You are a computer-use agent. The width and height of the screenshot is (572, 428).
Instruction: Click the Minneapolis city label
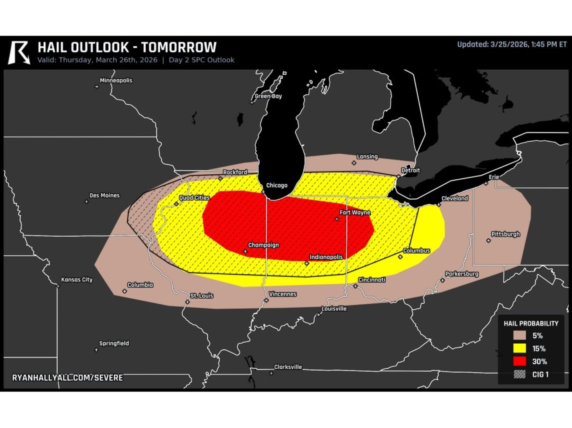pos(116,80)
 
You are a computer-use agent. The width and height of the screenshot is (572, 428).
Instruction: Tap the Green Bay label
pos(268,96)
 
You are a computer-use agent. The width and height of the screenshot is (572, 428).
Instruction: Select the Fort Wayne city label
pos(355,212)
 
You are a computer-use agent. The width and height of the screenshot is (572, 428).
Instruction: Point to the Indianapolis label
pos(326,257)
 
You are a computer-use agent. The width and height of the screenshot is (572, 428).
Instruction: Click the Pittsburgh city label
pos(506,234)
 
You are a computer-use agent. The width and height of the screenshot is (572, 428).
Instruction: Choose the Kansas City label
pos(77,279)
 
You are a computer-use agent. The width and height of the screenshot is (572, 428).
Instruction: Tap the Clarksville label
pos(288,367)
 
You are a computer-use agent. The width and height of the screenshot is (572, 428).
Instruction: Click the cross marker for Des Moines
pos(87,202)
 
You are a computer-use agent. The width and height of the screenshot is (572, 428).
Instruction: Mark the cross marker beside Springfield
pos(96,350)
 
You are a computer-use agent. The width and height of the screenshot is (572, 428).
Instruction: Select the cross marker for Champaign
pos(245,251)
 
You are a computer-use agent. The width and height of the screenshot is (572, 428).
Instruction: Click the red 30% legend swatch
pos(519,361)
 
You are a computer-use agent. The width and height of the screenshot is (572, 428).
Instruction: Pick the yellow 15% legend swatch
pos(519,348)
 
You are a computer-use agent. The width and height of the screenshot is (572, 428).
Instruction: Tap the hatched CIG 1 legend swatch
pos(519,374)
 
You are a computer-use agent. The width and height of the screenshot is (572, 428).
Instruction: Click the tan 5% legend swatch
pos(519,335)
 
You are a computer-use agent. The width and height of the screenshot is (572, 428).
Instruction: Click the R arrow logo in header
pos(19,53)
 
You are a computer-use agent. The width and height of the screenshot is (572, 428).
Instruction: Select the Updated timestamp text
pos(512,45)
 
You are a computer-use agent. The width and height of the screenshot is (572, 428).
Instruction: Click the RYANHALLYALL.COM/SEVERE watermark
pos(68,378)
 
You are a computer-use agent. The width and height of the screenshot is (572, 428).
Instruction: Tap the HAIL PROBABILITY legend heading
pos(531,323)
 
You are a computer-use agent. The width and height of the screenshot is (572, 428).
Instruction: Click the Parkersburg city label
pos(462,274)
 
